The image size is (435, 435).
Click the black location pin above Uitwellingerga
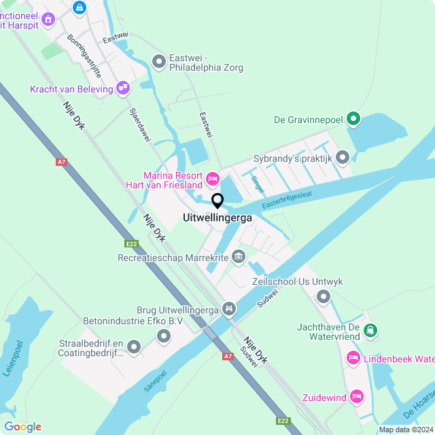217,201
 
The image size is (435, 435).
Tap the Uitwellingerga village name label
217,218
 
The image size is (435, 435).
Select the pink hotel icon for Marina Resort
213,178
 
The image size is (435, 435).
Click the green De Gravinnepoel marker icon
353,120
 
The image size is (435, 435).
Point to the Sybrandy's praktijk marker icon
342,158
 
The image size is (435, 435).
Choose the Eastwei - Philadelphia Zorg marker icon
159,63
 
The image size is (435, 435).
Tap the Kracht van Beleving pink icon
123,88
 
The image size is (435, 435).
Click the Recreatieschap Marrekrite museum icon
239,257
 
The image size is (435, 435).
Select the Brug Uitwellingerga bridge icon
229,309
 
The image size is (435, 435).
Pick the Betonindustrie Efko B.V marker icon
164,336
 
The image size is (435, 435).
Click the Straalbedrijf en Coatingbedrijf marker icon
134,348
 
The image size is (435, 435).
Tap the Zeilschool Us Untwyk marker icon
323,296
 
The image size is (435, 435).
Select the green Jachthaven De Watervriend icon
370,331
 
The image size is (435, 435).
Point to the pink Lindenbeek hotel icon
353,358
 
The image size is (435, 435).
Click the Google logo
22,426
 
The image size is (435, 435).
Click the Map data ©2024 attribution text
405,430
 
